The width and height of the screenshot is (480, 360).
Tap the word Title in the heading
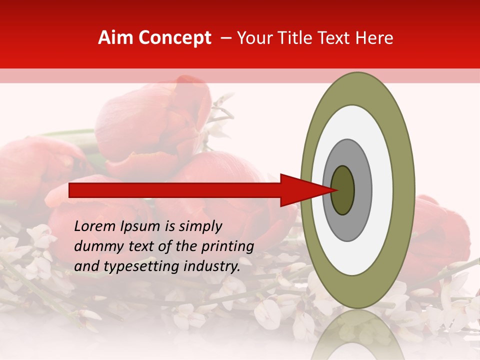[x=298, y=38]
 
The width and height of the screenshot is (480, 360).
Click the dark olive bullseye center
[x=342, y=190]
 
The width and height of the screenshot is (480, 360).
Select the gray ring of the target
[x=363, y=190]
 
